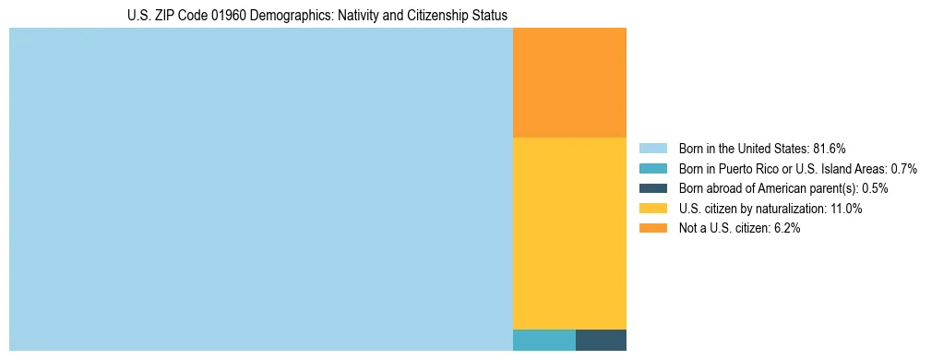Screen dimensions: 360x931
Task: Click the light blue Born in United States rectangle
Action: [x=260, y=189]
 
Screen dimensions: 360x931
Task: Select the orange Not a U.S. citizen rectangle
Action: [x=569, y=82]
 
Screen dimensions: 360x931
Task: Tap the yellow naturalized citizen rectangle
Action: [x=569, y=233]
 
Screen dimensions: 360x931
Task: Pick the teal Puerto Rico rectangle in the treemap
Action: [x=543, y=340]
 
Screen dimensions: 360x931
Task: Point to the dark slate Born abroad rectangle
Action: [x=601, y=340]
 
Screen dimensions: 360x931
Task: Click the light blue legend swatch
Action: [x=652, y=149]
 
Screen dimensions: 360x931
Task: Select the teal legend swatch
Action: [x=652, y=169]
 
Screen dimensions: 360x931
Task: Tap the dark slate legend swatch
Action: [x=652, y=188]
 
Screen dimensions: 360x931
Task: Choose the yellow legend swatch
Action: [x=652, y=209]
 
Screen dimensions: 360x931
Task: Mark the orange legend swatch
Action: [x=652, y=229]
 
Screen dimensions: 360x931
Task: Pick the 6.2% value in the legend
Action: [x=785, y=229]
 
